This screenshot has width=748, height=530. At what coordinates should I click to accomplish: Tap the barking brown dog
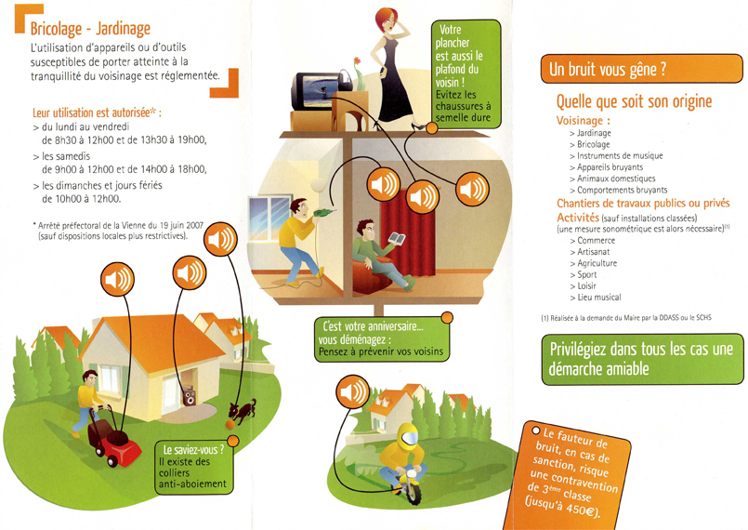coord(243,411)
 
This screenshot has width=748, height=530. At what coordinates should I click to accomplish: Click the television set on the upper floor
coord(317,91)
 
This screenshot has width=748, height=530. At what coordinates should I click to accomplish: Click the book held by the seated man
coord(397,238)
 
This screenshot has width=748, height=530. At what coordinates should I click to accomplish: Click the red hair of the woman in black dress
coord(385,19)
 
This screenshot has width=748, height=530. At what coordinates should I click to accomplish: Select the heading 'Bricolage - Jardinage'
coord(90,29)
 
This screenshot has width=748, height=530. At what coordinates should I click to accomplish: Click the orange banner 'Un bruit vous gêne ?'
coord(642,69)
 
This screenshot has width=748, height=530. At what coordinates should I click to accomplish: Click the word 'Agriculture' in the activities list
coord(597,263)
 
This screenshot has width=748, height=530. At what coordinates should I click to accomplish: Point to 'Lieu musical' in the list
coord(599,298)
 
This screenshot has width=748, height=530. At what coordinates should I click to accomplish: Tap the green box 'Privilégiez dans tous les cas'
coord(643,359)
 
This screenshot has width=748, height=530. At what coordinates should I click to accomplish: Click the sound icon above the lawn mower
coord(117,279)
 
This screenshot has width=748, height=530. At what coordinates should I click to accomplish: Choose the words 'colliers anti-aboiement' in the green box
coord(192,479)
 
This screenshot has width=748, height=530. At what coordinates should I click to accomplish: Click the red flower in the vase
coord(357,61)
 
